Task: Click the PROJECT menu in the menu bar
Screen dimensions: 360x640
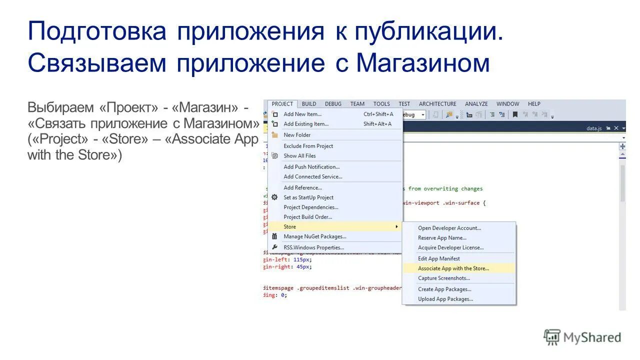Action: click(x=282, y=104)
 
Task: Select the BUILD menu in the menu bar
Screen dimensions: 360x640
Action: click(x=309, y=104)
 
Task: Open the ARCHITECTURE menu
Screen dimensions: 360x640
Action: click(x=437, y=104)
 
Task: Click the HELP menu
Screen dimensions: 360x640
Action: click(x=534, y=104)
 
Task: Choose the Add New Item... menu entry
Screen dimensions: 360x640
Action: click(x=302, y=114)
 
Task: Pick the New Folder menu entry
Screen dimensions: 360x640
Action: click(x=297, y=135)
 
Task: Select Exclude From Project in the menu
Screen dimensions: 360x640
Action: click(x=308, y=146)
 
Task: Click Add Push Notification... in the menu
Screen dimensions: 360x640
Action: click(x=311, y=167)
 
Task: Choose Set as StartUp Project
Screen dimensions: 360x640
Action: click(x=308, y=197)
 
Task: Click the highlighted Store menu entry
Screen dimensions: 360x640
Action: click(x=290, y=227)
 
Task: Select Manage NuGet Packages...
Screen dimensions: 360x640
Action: click(x=315, y=236)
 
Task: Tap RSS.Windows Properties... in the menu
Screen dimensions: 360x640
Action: click(x=313, y=247)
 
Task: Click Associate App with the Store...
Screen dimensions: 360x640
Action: click(x=453, y=268)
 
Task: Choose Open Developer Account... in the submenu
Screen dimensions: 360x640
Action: click(x=449, y=228)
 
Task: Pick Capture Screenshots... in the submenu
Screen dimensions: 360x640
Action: click(x=444, y=278)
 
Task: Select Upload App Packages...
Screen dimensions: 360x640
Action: click(x=445, y=299)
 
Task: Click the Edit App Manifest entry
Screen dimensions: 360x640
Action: click(x=439, y=258)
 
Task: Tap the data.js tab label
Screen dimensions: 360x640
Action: click(x=594, y=128)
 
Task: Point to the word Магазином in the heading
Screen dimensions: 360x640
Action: click(x=423, y=63)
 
